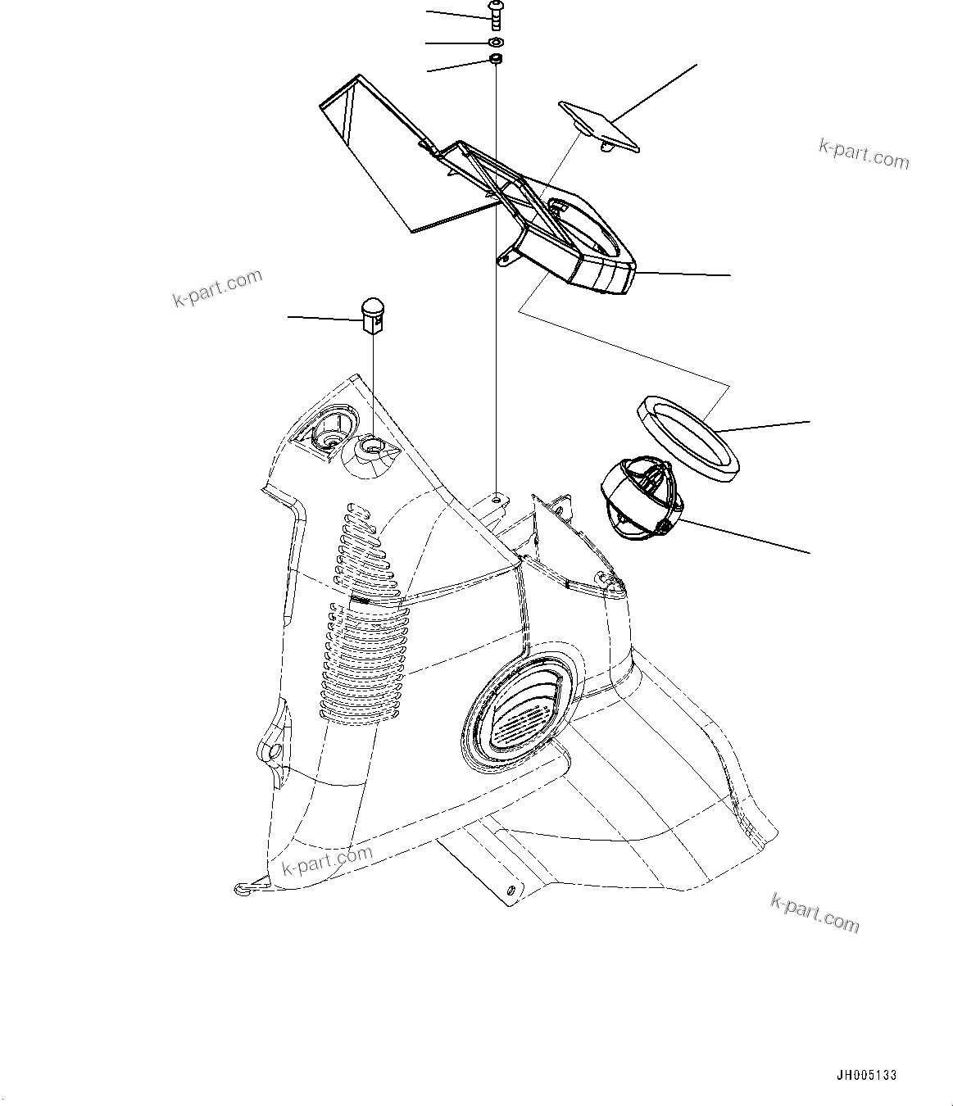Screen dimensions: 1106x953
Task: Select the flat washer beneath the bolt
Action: click(x=496, y=42)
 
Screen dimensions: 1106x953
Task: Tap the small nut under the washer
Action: click(x=495, y=60)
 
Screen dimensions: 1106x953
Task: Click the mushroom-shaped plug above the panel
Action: click(x=373, y=315)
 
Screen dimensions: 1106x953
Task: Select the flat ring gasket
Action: click(x=688, y=434)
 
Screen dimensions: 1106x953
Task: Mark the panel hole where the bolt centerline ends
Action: click(x=497, y=496)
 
